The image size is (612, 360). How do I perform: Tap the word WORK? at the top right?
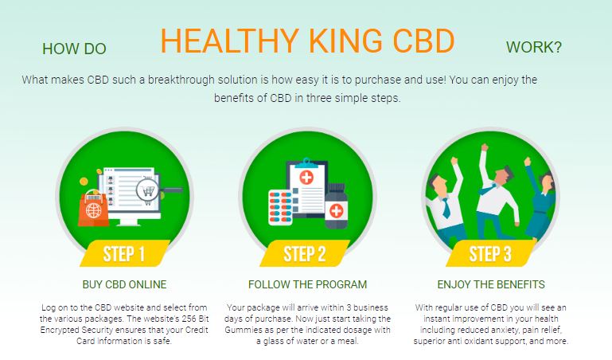[534, 47]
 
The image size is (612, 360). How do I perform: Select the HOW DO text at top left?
[74, 49]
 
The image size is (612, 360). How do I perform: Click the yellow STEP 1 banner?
[124, 253]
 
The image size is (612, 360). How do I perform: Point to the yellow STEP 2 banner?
[305, 253]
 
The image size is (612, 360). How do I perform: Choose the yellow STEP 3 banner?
[490, 253]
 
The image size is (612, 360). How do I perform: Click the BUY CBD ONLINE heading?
[124, 284]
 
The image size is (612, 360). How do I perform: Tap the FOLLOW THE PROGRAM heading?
[307, 284]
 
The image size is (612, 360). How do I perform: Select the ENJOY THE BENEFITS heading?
[491, 284]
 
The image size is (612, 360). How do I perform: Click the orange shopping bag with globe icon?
[94, 208]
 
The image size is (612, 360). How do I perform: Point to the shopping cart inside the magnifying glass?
[148, 191]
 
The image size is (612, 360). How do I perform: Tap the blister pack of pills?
[280, 207]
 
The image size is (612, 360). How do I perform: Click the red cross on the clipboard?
[306, 178]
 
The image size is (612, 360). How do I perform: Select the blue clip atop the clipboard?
[306, 162]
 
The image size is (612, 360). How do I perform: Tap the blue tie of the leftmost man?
[446, 208]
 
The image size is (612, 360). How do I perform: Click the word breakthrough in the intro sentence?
[181, 80]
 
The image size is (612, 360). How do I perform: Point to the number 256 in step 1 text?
[189, 319]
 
